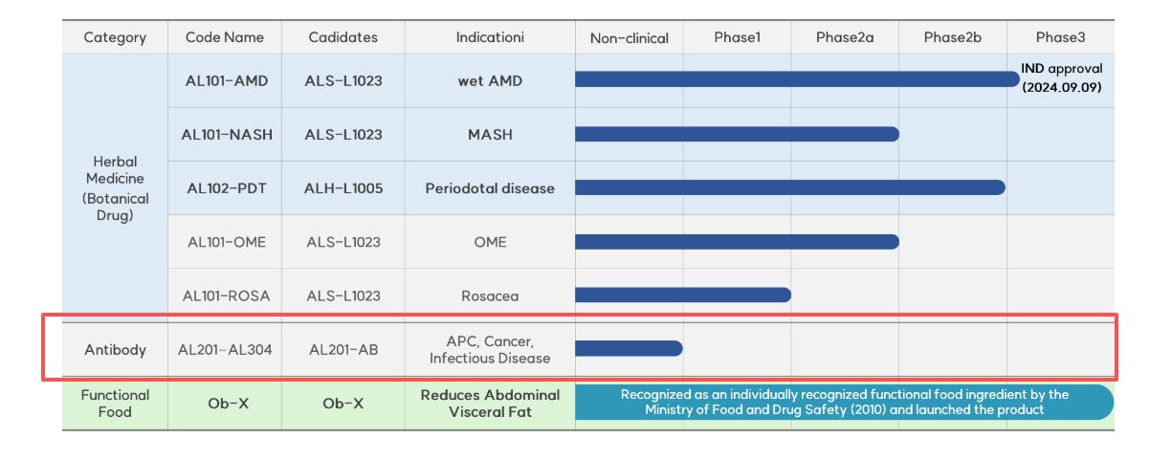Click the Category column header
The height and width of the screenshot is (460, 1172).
pyautogui.click(x=115, y=38)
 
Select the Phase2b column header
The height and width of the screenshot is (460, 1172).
pyautogui.click(x=952, y=38)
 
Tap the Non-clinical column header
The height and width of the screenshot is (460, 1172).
pyautogui.click(x=629, y=38)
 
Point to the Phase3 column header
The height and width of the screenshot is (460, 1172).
pyautogui.click(x=1060, y=38)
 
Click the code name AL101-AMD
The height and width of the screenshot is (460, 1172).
pyautogui.click(x=227, y=80)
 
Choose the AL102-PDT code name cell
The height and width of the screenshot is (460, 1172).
pyautogui.click(x=227, y=188)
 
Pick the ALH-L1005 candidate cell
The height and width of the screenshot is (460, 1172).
pyautogui.click(x=343, y=188)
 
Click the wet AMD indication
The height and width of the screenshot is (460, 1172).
pyautogui.click(x=490, y=80)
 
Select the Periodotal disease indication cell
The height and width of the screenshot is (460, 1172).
pyautogui.click(x=490, y=188)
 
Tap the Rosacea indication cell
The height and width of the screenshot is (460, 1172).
pyautogui.click(x=490, y=296)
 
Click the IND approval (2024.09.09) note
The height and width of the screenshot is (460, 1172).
pyautogui.click(x=1061, y=77)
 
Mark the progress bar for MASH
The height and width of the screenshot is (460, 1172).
pyautogui.click(x=737, y=134)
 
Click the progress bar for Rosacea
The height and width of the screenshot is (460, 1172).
pyautogui.click(x=682, y=295)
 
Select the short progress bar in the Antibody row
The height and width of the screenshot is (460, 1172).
pyautogui.click(x=629, y=348)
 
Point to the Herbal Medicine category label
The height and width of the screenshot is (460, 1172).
pyautogui.click(x=115, y=188)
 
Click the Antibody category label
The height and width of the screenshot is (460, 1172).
pyautogui.click(x=115, y=349)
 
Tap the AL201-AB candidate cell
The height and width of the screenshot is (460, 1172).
pyautogui.click(x=343, y=349)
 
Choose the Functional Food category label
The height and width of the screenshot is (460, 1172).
pyautogui.click(x=115, y=403)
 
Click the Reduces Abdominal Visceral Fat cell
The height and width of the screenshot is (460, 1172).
pyautogui.click(x=490, y=403)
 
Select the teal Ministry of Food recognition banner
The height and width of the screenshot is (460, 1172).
pyautogui.click(x=844, y=403)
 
